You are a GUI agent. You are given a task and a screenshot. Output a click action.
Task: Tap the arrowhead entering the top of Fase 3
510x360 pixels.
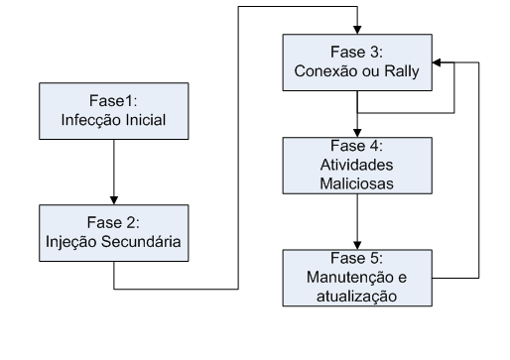pos(355,33)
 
